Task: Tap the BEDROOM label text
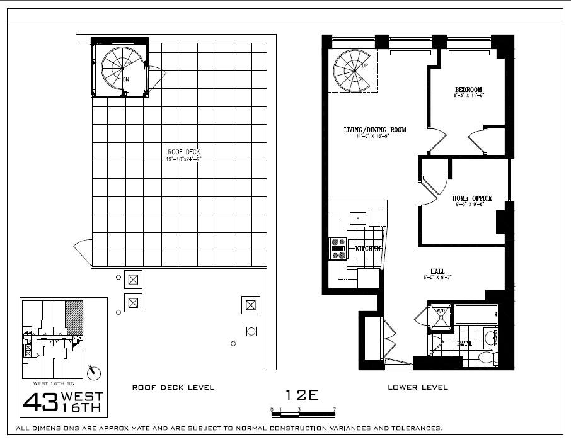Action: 468,89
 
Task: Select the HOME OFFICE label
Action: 472,198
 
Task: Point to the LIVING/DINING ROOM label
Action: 374,130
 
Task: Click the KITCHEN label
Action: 368,249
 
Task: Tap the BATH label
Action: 464,344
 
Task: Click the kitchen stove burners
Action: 337,248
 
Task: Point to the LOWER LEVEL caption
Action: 417,387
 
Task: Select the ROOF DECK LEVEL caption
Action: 173,387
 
